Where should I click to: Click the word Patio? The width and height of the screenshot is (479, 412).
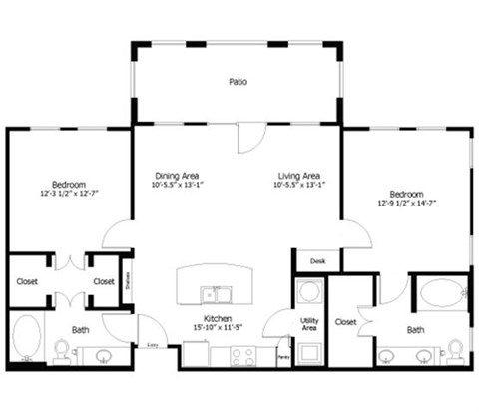[x=237, y=82]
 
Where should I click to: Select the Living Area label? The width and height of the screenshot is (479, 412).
[x=298, y=176]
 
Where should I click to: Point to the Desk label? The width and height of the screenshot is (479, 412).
[x=317, y=261]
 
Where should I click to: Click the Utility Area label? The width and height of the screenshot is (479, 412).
[x=309, y=324]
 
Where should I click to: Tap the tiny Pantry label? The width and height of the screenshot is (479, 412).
[x=283, y=356]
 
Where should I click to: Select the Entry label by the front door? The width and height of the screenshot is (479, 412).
[x=153, y=344]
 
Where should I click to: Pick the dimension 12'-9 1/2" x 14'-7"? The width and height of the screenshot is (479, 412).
[x=407, y=203]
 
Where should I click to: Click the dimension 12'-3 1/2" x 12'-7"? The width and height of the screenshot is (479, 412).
[x=69, y=194]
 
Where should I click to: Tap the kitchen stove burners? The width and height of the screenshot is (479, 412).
[x=242, y=354]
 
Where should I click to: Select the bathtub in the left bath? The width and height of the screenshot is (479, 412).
[x=27, y=336]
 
